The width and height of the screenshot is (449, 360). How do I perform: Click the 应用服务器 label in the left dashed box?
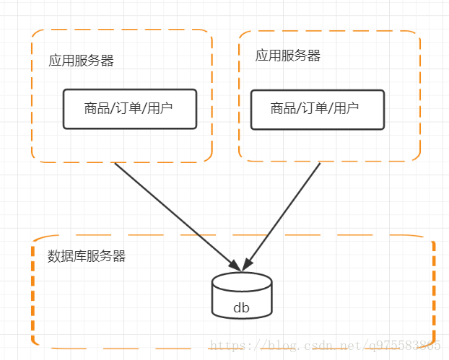81,61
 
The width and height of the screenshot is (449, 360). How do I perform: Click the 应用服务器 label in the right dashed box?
287,56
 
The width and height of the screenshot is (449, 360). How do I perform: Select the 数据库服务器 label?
87,256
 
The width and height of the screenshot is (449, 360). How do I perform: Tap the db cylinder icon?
242,296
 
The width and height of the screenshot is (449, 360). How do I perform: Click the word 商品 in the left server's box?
97,109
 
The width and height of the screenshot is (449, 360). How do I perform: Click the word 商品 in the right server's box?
283,109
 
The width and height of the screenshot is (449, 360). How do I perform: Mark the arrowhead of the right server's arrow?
248,264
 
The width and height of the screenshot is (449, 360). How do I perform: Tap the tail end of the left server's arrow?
115,164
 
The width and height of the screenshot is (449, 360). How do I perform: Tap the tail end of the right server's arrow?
320,164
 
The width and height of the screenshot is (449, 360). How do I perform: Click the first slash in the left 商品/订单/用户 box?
113,109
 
